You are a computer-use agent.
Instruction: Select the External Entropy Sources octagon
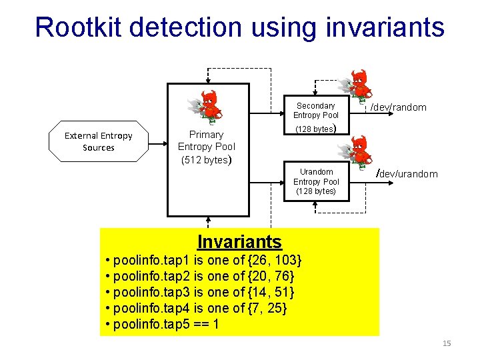[99, 141]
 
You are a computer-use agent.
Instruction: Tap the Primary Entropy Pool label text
[206, 141]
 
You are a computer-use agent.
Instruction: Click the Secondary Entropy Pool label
[316, 111]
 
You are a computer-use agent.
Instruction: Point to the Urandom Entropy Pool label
[316, 181]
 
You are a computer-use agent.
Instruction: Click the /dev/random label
[399, 107]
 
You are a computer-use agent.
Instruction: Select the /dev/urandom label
[407, 174]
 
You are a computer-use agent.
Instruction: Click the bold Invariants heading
[239, 241]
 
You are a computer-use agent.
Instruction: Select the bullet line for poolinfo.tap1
[204, 259]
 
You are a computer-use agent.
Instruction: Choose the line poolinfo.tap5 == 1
[163, 325]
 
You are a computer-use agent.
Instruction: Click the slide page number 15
[447, 343]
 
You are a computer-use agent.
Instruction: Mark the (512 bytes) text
[206, 160]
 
